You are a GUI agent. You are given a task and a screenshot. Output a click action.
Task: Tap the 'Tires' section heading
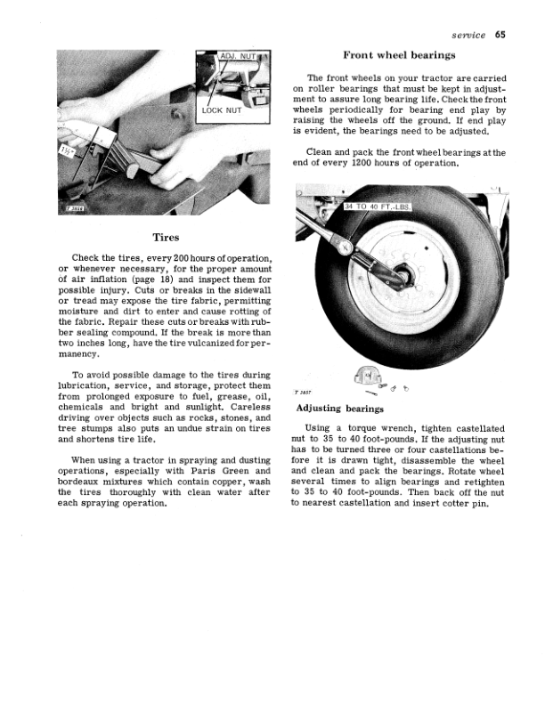coord(167,238)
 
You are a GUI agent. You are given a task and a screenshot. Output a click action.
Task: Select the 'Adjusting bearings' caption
coord(339,409)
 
